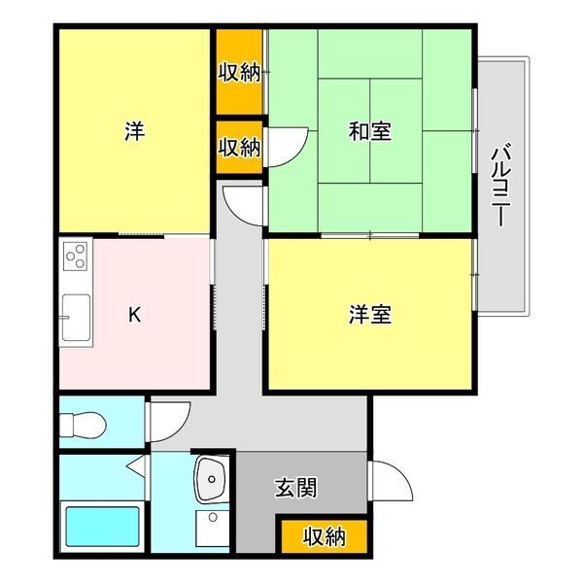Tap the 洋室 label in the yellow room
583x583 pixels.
coord(370,315)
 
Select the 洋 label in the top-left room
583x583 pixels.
coord(135,131)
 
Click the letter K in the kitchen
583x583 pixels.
coord(135,315)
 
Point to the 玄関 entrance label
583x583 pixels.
coord(295,489)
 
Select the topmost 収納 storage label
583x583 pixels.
coord(239,72)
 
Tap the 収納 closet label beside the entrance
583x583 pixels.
coord(324,535)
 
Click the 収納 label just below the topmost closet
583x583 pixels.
coord(239,147)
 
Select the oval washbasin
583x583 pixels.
coord(211,477)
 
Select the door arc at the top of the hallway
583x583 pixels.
coord(242,204)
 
